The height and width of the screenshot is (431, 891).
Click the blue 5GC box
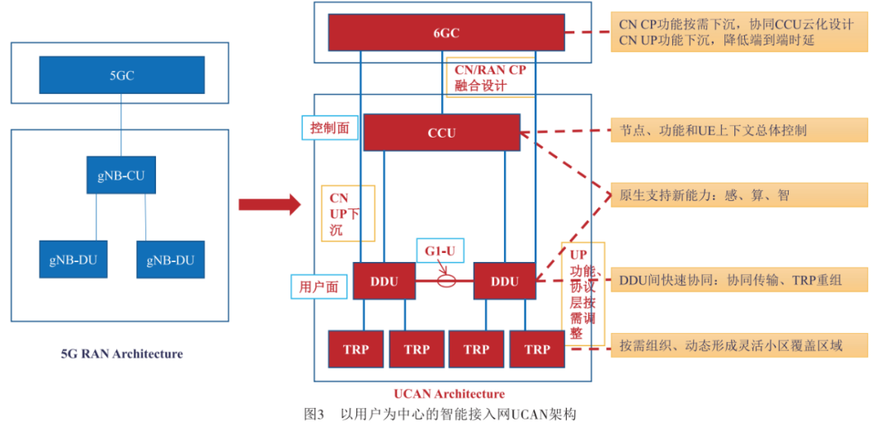(x=122, y=75)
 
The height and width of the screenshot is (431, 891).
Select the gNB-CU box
(x=121, y=176)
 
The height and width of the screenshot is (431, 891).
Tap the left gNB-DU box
(x=73, y=260)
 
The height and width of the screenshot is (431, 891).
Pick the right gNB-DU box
(x=170, y=260)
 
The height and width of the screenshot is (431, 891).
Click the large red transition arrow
(x=270, y=205)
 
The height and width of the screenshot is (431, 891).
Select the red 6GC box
(x=446, y=33)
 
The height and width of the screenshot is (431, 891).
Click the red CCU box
(x=441, y=133)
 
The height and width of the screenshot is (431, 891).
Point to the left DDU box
(x=384, y=281)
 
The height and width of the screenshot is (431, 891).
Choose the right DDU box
(x=504, y=281)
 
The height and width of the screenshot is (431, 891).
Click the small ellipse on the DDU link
(x=446, y=281)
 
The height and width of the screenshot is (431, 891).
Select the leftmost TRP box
(x=356, y=349)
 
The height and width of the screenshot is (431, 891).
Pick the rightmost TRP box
(x=536, y=349)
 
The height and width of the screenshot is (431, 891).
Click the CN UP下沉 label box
(x=347, y=213)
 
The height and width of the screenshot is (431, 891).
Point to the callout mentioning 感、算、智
(x=739, y=195)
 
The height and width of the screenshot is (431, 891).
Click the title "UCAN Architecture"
(x=450, y=394)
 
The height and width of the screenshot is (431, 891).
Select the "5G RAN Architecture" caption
(x=121, y=354)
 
